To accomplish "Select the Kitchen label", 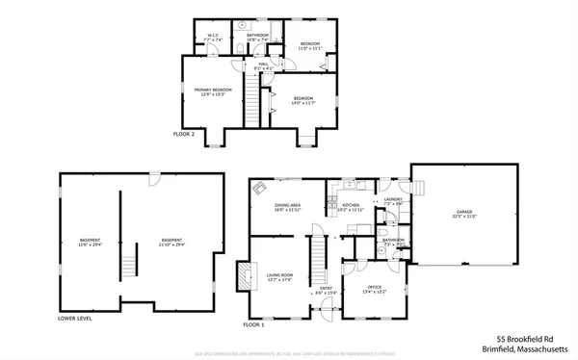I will coord(350,207).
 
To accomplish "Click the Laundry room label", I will coord(393,202).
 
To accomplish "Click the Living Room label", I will coord(279,278).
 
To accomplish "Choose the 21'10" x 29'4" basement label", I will coord(171,243).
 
